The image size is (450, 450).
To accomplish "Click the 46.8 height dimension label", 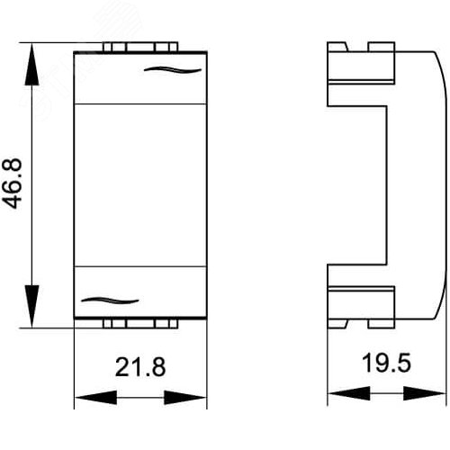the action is pos(12,184).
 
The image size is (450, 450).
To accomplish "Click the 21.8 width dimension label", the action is pos(140,366).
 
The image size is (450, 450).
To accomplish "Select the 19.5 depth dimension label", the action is pos(386,363).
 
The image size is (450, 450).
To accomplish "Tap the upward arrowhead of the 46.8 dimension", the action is pos(31,64).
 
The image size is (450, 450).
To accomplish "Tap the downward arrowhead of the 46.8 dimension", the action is pos(31,306).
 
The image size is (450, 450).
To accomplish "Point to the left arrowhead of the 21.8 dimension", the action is pos(95,398).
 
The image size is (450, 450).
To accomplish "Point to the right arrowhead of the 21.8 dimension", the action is pos(185,398).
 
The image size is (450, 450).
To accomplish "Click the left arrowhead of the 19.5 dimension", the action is pos(349,393).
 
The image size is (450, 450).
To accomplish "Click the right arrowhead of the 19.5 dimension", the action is pos(425,393).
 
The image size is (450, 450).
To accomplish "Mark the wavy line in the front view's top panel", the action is pos(173,70).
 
